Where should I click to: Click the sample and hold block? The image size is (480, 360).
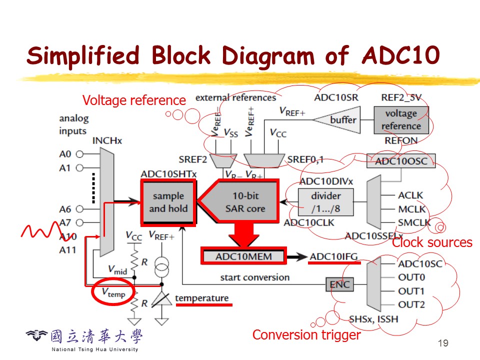pos(168,202)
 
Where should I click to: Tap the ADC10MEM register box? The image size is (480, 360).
pos(243,256)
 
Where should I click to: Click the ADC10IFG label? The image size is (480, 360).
pos(333,256)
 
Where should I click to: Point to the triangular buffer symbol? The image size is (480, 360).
pos(341,120)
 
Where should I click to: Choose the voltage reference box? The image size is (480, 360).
pos(401,120)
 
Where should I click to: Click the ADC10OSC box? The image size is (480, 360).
pos(401,161)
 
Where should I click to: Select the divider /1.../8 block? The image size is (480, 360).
pos(325,202)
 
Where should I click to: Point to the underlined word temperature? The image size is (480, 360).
pos(201,298)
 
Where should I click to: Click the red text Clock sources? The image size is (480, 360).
pos(432,243)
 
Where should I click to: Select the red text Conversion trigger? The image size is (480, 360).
pos(306,335)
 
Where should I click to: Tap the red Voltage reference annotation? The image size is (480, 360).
pos(134,100)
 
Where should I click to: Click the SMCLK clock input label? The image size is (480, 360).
pos(414,222)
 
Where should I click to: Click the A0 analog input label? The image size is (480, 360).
pos(65,154)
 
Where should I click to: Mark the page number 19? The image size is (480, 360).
pos(442,343)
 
